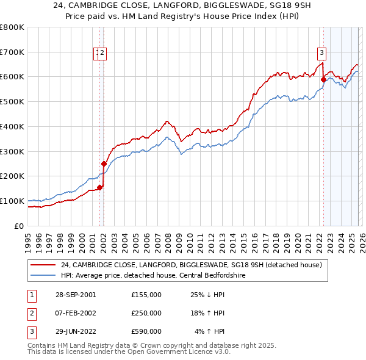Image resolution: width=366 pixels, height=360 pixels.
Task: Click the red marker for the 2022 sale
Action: click(323, 78)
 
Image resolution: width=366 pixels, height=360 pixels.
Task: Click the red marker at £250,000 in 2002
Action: click(104, 164)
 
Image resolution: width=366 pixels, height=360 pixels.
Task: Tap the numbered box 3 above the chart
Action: click(321, 52)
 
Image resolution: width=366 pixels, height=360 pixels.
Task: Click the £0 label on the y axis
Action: click(20, 226)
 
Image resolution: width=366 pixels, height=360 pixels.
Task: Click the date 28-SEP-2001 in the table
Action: click(75, 295)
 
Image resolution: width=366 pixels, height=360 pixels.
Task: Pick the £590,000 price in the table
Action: click(146, 331)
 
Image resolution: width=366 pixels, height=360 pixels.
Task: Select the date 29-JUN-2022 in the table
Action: click(75, 331)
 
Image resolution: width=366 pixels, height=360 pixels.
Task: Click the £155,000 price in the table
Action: click(146, 295)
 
